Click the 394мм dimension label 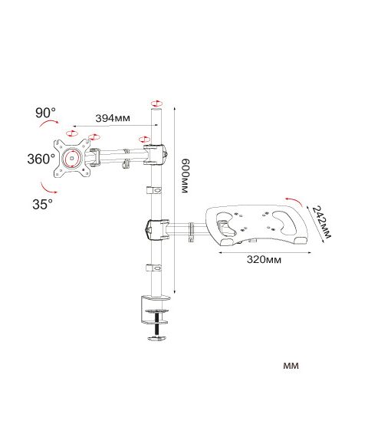[x=113, y=118]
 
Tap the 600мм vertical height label [x=185, y=176]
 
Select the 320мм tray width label [x=264, y=260]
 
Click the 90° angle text [x=45, y=113]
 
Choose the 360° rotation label [x=41, y=159]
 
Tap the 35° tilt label [x=42, y=204]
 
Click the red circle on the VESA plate [x=72, y=158]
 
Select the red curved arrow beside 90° [x=49, y=123]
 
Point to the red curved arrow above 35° [x=48, y=189]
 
